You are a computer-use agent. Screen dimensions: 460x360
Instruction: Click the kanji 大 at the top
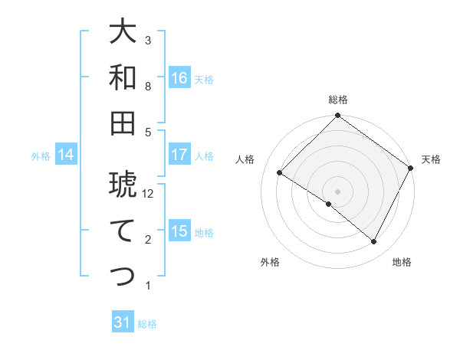pyautogui.click(x=123, y=32)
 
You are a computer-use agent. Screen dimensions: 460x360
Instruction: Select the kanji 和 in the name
pyautogui.click(x=123, y=77)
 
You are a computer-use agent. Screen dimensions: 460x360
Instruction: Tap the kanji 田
pyautogui.click(x=123, y=123)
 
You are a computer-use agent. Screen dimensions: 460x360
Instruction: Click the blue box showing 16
pyautogui.click(x=179, y=78)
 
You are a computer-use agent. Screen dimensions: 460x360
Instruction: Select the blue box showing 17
pyautogui.click(x=179, y=155)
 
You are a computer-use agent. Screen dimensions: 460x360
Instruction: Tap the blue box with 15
pyautogui.click(x=179, y=231)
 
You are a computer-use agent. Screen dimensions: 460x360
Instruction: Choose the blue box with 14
pyautogui.click(x=66, y=155)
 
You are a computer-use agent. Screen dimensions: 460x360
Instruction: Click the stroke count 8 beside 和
pyautogui.click(x=149, y=86)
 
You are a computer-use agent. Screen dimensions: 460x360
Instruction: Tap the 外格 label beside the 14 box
pyautogui.click(x=41, y=156)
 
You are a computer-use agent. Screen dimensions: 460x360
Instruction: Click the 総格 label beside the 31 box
pyautogui.click(x=147, y=324)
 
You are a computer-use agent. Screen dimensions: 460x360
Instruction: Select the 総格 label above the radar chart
pyautogui.click(x=338, y=100)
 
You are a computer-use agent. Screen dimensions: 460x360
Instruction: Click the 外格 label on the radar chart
pyautogui.click(x=270, y=262)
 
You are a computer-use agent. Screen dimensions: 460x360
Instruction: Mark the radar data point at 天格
pyautogui.click(x=411, y=168)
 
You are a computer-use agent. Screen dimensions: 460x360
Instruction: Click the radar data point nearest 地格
pyautogui.click(x=374, y=242)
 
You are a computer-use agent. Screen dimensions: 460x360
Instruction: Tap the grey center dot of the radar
pyautogui.click(x=337, y=191)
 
